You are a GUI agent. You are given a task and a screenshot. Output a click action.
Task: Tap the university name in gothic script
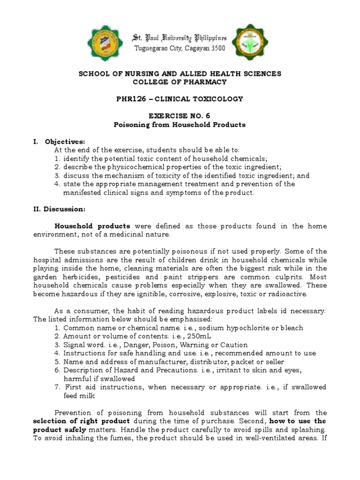pyautogui.click(x=180, y=37)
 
